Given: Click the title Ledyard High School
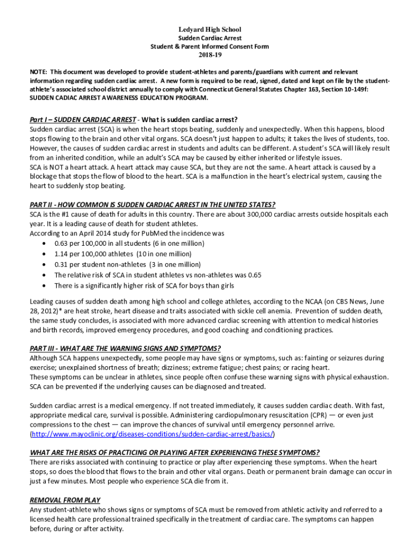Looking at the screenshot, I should (210, 29).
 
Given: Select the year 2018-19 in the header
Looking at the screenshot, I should (210, 55).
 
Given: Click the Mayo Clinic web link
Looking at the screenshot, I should (152, 434).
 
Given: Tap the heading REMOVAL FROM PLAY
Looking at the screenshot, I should (65, 500).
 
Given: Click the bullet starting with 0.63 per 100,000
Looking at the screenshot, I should (129, 243).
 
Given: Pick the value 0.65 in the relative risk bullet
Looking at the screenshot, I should (254, 275).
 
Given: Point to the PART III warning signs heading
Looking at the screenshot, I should (125, 349).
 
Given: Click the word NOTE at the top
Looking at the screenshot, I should (38, 72).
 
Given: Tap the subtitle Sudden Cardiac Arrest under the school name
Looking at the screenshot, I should (210, 38).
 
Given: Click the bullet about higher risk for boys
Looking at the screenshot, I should (144, 286).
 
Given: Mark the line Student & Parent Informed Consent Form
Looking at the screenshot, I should (210, 47).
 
